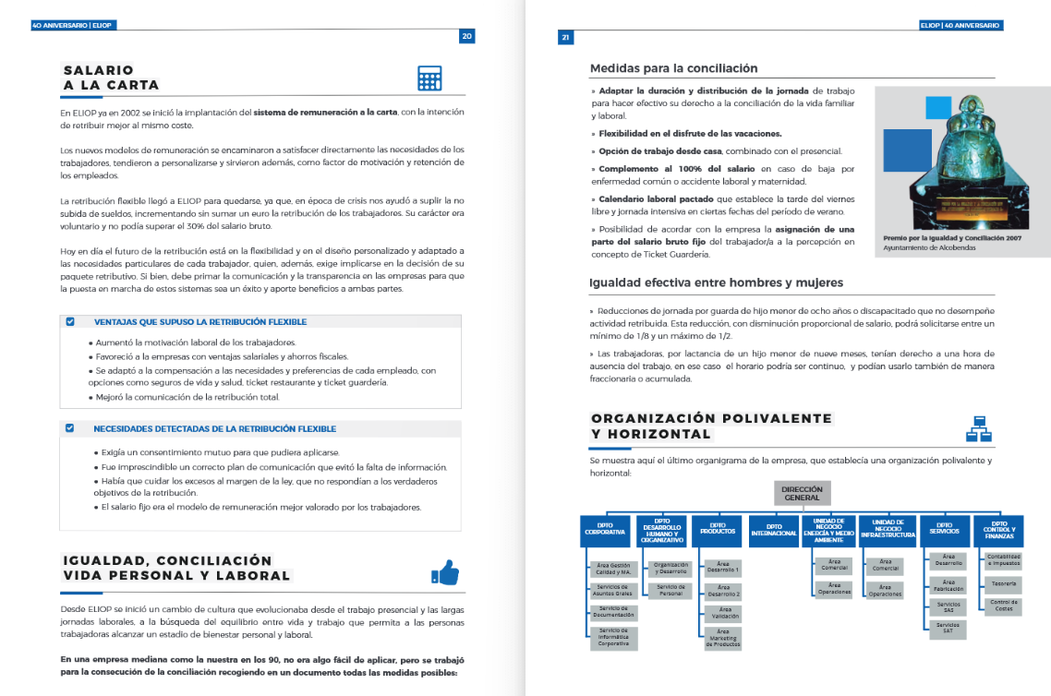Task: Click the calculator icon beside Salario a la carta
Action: (x=429, y=78)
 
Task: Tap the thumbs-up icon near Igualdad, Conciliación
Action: (x=444, y=572)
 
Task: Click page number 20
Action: (x=467, y=36)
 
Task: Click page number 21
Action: (x=566, y=38)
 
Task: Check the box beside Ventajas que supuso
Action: (x=69, y=322)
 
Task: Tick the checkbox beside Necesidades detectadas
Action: (x=69, y=428)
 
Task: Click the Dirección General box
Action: (x=802, y=493)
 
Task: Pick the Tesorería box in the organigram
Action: (x=1003, y=583)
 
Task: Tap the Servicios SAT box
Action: (x=948, y=628)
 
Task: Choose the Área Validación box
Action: (x=725, y=614)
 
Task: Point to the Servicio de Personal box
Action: (x=670, y=591)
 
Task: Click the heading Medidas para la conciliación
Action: (x=673, y=68)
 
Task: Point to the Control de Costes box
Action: (x=1003, y=606)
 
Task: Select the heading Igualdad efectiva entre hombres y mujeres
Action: (x=716, y=282)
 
